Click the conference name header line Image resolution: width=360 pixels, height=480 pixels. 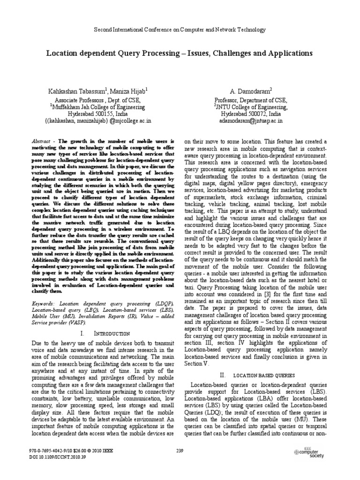click(180, 30)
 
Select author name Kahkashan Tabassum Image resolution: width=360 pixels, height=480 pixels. click(81, 90)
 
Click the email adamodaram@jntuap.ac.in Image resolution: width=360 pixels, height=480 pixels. click(251, 120)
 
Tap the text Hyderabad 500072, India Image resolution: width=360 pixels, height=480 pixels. click(251, 113)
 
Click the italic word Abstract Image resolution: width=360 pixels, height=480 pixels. click(39, 141)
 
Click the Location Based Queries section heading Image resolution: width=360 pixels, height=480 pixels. click(257, 375)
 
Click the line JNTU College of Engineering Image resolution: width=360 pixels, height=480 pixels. click(251, 106)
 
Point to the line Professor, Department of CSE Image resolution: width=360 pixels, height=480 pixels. click(251, 100)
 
